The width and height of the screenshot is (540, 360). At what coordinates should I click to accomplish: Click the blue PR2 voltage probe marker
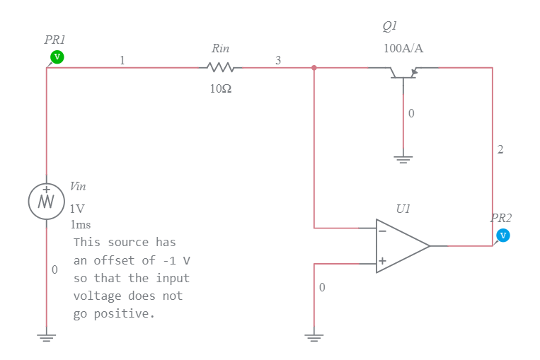tap(503, 235)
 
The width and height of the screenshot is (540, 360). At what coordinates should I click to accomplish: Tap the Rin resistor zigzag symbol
tap(220, 68)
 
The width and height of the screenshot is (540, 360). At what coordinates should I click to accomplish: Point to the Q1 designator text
tap(390, 26)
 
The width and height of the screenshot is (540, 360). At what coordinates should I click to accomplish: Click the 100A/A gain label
tap(403, 48)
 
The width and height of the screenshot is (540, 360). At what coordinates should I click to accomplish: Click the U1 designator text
tap(403, 209)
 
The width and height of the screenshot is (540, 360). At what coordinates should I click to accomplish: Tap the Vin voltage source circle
tap(46, 201)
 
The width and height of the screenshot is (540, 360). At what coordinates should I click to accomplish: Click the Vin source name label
tap(78, 187)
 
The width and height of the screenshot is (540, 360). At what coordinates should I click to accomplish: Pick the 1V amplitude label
tap(77, 209)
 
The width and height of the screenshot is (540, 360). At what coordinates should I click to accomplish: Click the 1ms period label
tap(81, 225)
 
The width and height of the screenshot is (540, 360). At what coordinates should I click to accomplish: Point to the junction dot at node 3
tap(314, 68)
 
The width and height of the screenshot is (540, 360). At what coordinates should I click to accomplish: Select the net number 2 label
tap(500, 149)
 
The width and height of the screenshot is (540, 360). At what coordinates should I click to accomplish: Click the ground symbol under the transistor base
tap(403, 158)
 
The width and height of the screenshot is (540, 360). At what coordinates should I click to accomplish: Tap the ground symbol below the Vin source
tap(46, 337)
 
